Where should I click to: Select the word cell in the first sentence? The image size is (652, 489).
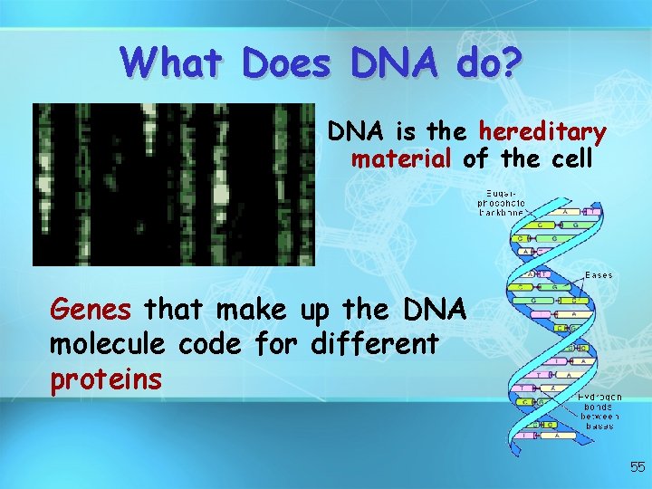coord(570,160)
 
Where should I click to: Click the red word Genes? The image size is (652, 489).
coord(91,311)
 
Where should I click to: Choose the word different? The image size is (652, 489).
coord(375,345)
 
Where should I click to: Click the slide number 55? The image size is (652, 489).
coord(638,467)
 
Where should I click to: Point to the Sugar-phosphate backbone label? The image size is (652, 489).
coord(501,204)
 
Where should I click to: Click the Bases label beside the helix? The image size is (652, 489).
coord(599,274)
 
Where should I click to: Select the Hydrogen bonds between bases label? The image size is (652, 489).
coord(599,410)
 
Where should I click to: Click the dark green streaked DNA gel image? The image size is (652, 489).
coord(174,184)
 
